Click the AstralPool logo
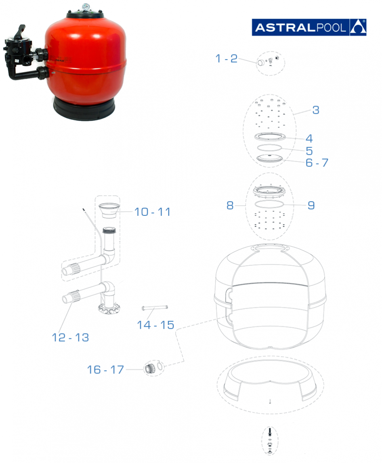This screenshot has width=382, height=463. [309, 27]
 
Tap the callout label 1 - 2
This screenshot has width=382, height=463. [227, 58]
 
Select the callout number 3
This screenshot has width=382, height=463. [316, 110]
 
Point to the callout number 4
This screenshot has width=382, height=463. [309, 138]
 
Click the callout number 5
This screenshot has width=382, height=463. [309, 151]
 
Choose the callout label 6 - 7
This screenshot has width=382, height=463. [317, 163]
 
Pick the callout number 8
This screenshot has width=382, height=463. [230, 205]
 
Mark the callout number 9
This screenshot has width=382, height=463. [311, 205]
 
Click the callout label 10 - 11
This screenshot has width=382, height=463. [153, 212]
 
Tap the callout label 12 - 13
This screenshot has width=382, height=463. [70, 337]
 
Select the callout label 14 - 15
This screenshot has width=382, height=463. [155, 325]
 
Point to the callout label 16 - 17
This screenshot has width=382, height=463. [105, 369]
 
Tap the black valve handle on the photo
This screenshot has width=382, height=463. [20, 31]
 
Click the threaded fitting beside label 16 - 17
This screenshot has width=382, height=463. [150, 369]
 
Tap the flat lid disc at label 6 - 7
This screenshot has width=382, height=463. [270, 158]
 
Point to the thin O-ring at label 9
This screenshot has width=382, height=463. [269, 204]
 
